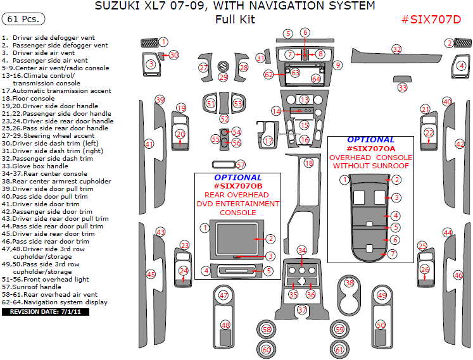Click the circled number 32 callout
[397, 49]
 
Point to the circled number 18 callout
[309, 163]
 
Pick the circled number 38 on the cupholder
[349, 283]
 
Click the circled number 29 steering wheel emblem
[223, 77]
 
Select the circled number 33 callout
[403, 88]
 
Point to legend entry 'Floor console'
[32, 98]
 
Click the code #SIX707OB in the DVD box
[237, 187]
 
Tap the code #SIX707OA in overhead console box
[370, 148]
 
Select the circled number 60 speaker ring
[267, 349]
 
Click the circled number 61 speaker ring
[339, 349]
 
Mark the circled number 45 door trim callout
[151, 275]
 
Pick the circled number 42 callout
[460, 144]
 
